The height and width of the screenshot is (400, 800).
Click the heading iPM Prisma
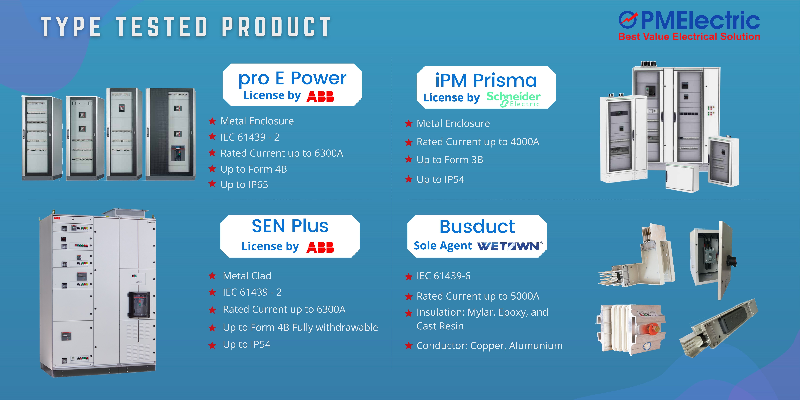click(x=486, y=80)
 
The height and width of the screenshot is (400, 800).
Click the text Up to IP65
click(x=244, y=185)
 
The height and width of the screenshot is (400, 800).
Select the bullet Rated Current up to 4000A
click(x=478, y=142)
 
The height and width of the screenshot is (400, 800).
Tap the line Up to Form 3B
click(x=450, y=160)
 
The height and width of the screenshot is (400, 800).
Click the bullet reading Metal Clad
click(x=247, y=276)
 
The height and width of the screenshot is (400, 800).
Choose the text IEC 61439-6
click(x=444, y=276)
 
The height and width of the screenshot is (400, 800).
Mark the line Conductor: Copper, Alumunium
click(x=489, y=346)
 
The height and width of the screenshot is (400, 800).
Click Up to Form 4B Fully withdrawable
click(x=300, y=327)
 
